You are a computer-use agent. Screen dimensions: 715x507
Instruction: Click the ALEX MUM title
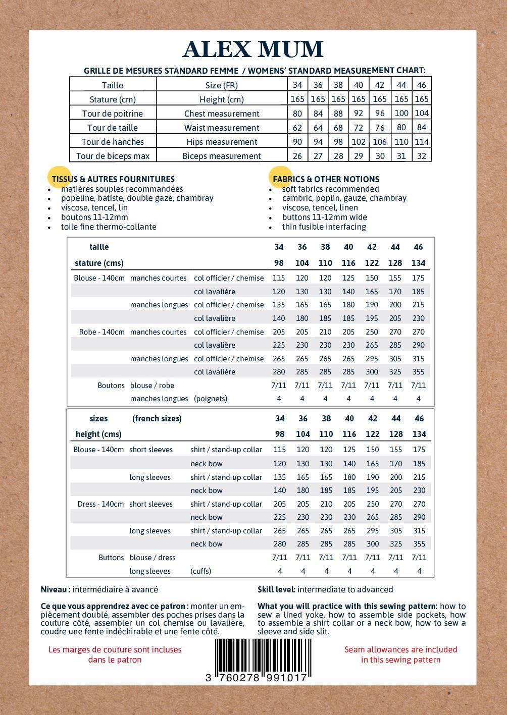pos(252,49)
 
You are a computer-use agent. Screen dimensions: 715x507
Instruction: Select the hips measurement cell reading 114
pos(422,142)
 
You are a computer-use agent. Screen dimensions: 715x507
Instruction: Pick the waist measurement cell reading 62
pos(297,128)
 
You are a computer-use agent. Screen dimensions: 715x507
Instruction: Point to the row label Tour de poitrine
pos(113,114)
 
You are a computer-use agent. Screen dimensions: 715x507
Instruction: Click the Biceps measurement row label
pos(222,156)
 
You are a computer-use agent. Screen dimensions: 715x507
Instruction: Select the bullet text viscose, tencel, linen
pos(320,207)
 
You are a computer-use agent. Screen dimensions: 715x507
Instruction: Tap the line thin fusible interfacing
pos(324,227)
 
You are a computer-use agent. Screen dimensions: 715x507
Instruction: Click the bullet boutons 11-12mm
pos(94,217)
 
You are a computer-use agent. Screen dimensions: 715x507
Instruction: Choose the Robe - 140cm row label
pos(102,332)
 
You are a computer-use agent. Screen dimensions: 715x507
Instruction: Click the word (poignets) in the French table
pos(211,398)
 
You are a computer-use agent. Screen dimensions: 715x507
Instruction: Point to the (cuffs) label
pos(200,571)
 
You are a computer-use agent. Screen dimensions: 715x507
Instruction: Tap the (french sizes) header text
pos(157,418)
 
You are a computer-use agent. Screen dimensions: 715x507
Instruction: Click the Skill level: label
pos(276,589)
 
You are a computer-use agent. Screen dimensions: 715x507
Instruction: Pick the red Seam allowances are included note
pos(400,654)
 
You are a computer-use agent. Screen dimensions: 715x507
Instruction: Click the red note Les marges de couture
pos(115,654)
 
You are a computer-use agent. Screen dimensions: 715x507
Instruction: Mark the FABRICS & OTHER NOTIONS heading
pos(326,179)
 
